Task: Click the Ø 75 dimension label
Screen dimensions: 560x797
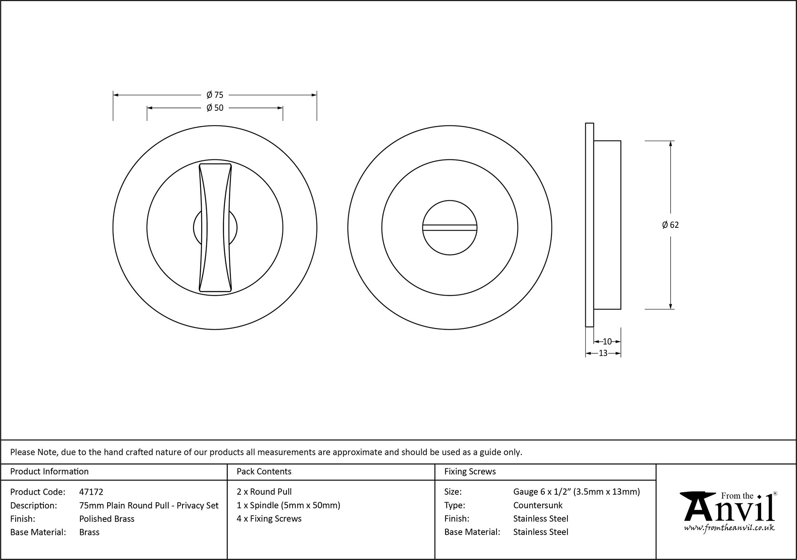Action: pyautogui.click(x=215, y=95)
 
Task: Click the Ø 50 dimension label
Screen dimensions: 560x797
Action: pyautogui.click(x=215, y=108)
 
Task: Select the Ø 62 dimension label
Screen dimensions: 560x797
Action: pyautogui.click(x=670, y=225)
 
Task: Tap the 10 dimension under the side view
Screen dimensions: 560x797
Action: pyautogui.click(x=607, y=341)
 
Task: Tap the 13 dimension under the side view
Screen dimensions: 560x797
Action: pyautogui.click(x=603, y=353)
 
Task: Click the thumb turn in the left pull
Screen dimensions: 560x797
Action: pyautogui.click(x=215, y=227)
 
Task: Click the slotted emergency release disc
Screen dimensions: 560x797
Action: pyautogui.click(x=450, y=227)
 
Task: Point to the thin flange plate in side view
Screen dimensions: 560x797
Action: pyautogui.click(x=589, y=225)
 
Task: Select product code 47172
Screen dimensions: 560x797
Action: pyautogui.click(x=91, y=492)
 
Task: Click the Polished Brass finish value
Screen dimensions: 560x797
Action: pyautogui.click(x=107, y=519)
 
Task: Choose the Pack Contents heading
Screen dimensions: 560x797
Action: pyautogui.click(x=264, y=472)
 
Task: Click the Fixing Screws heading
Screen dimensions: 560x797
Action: pyautogui.click(x=470, y=472)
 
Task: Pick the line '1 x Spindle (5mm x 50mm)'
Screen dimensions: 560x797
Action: pyautogui.click(x=288, y=505)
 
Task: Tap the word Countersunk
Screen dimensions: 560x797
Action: pyautogui.click(x=538, y=505)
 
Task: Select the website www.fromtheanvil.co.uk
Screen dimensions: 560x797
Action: pyautogui.click(x=729, y=528)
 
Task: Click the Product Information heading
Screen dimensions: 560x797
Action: pyautogui.click(x=49, y=472)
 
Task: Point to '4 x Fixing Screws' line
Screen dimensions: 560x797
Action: pyautogui.click(x=269, y=519)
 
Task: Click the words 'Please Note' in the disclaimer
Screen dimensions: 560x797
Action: pyautogui.click(x=34, y=452)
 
